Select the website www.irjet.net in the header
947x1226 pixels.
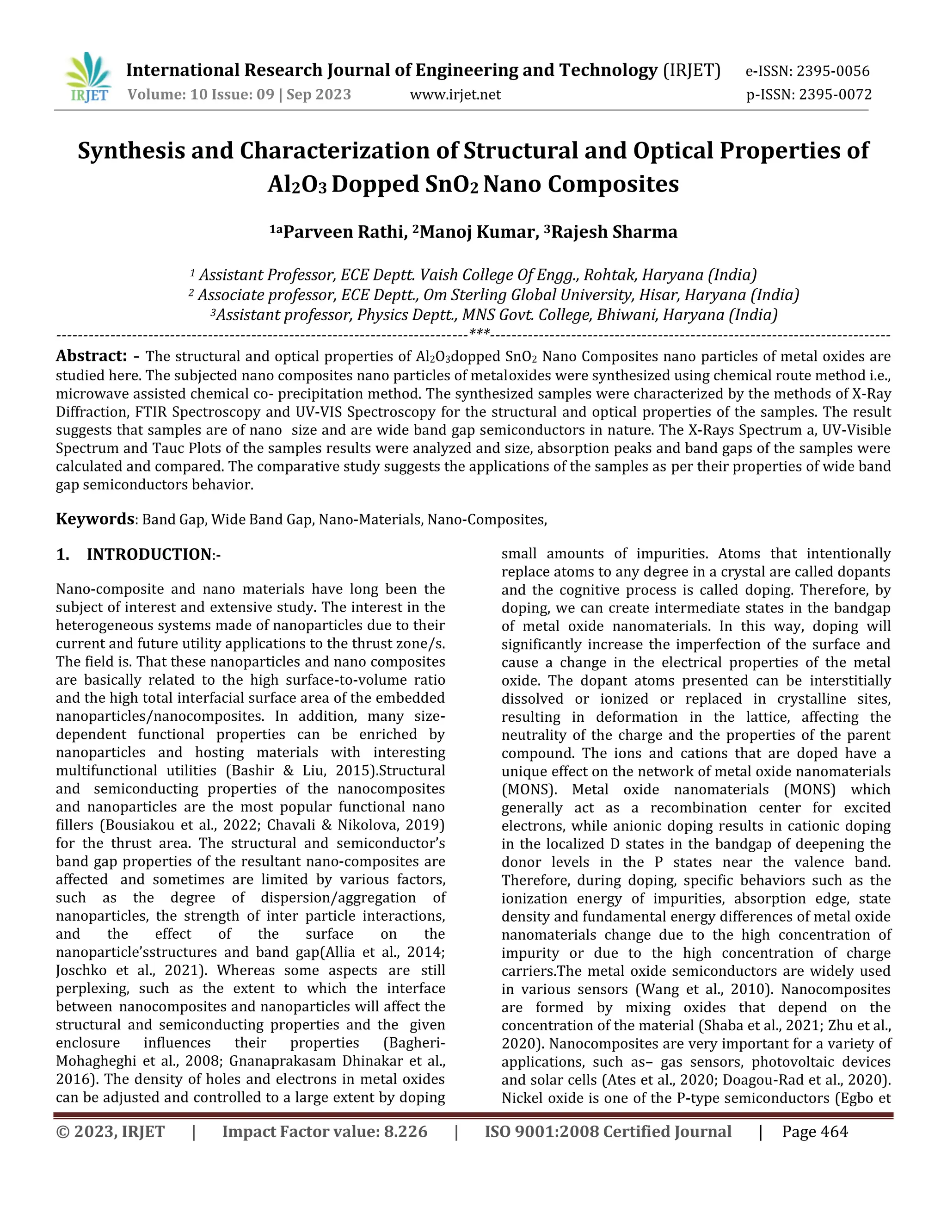[x=455, y=95]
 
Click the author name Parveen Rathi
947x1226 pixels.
[x=344, y=232]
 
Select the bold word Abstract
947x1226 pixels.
[x=92, y=356]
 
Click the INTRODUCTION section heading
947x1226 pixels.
[x=149, y=555]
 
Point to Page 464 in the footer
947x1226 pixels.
[x=815, y=1132]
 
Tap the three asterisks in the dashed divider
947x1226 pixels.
[x=479, y=334]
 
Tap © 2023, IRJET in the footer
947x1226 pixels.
[x=111, y=1132]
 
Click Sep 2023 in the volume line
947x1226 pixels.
[x=319, y=95]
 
